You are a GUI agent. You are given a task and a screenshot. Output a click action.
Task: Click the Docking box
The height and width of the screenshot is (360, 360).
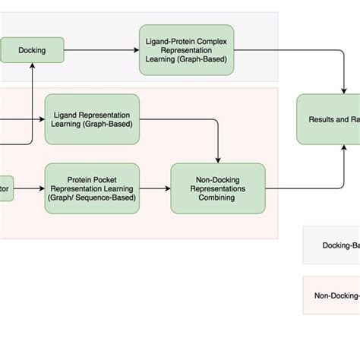[31, 51]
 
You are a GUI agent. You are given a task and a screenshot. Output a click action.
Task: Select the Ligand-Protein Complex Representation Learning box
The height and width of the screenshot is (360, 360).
[186, 50]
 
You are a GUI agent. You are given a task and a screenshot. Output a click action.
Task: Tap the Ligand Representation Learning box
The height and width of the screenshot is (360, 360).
[92, 119]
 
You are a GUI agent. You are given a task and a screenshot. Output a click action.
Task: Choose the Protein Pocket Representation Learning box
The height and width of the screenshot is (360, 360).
[92, 188]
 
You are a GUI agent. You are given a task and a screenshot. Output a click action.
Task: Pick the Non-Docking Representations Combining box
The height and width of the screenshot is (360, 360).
[218, 188]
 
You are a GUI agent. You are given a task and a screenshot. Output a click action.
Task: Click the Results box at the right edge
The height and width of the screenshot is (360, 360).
[328, 119]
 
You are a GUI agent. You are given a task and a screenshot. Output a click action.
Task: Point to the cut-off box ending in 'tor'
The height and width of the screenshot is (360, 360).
[6, 188]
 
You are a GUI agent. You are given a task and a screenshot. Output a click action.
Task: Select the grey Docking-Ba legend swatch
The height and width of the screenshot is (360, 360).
[331, 245]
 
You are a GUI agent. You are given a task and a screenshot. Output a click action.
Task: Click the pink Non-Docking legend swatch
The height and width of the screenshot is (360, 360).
[331, 295]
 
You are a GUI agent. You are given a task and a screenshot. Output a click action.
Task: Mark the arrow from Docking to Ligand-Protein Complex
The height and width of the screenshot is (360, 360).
[100, 51]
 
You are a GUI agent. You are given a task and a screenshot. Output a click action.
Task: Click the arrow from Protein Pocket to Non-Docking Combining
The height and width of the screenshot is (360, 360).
[155, 188]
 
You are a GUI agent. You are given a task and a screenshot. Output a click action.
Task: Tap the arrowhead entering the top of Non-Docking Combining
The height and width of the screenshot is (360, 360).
[219, 159]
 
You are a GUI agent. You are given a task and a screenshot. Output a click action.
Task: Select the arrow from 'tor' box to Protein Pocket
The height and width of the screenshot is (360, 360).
[30, 188]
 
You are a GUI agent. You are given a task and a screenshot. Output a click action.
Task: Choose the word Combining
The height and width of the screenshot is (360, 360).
[218, 197]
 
